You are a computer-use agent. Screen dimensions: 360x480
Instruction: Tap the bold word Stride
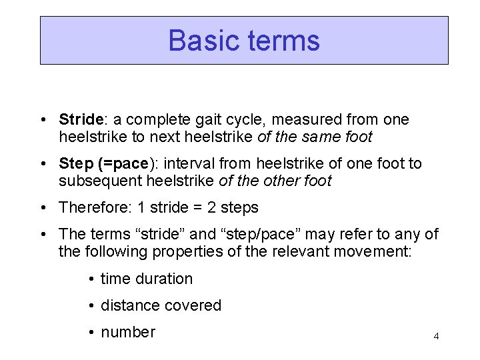click(80, 120)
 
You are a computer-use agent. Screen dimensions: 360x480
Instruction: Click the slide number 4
click(436, 336)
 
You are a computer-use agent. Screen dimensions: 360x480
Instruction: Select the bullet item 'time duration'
click(146, 279)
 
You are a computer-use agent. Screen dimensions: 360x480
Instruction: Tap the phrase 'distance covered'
click(161, 306)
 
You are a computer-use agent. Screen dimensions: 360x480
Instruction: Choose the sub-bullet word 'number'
click(127, 333)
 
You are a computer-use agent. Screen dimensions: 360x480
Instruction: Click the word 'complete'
click(157, 120)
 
